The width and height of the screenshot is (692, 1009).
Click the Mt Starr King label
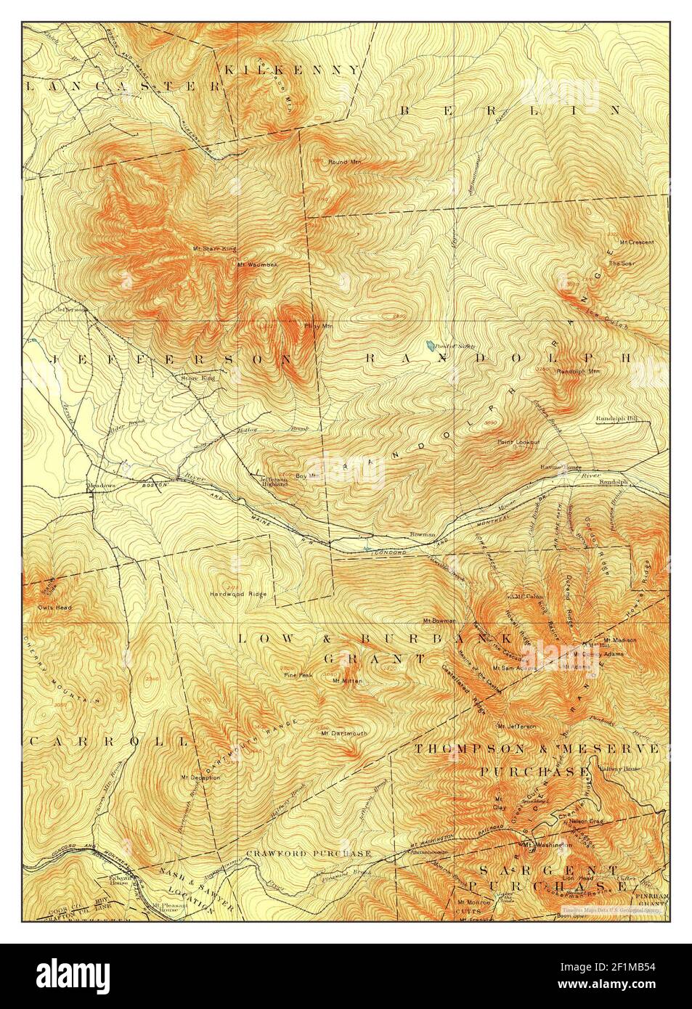coord(214,248)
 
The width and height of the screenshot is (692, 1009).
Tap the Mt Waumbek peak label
coord(257,264)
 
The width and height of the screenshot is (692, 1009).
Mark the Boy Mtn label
coord(308,476)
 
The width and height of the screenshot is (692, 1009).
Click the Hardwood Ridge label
coord(237,594)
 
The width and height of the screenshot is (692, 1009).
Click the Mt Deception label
coord(200,777)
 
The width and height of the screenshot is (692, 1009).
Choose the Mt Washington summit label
coord(548,845)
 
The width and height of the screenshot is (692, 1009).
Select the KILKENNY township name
coord(290,70)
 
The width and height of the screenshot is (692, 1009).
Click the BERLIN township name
coord(510,110)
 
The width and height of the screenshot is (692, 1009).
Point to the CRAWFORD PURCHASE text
coord(309,853)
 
